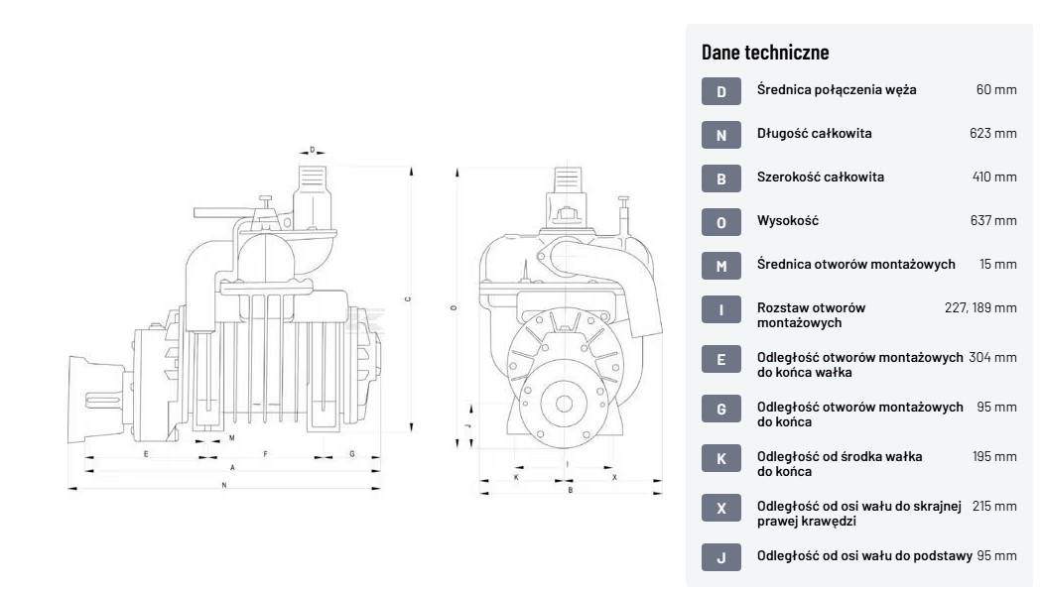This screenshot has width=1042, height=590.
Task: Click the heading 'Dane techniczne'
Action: coord(765,52)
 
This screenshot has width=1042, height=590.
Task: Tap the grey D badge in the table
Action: coord(721,91)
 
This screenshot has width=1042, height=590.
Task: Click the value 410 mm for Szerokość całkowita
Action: coord(994,177)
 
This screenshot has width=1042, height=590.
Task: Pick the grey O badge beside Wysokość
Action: coord(721,221)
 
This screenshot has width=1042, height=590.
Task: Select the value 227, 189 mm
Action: coord(980,308)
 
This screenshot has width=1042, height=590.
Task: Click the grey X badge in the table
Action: coord(721,508)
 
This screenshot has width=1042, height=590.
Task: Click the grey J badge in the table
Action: coord(721,558)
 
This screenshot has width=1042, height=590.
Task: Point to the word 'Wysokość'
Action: coord(788,221)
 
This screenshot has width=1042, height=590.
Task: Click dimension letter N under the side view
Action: coord(225,485)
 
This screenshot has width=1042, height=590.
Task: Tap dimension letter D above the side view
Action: coord(312,151)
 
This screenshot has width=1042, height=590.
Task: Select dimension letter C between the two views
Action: coord(407,298)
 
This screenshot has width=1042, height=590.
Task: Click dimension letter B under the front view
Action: coord(570,489)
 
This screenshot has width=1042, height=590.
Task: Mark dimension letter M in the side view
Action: coord(231,437)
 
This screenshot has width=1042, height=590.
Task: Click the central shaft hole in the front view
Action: coord(564,404)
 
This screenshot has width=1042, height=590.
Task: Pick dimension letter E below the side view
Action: coord(146,453)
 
